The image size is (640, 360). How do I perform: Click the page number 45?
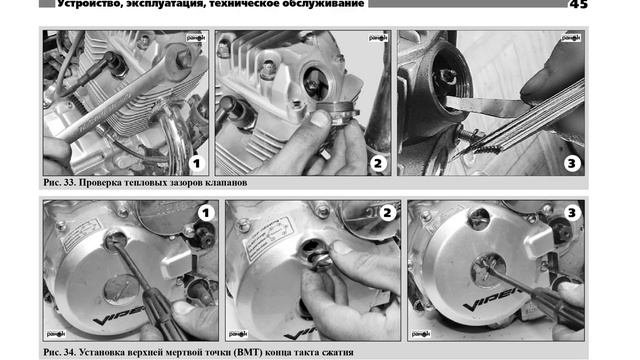(x=578, y=4)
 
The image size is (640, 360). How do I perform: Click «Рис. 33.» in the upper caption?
(x=59, y=182)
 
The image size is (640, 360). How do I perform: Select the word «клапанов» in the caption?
(x=227, y=182)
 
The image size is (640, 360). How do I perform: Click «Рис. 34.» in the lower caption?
(x=59, y=352)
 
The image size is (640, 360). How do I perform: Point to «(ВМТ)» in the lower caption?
(x=248, y=352)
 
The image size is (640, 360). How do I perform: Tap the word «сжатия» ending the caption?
(x=338, y=352)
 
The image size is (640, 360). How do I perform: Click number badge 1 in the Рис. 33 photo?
(x=197, y=164)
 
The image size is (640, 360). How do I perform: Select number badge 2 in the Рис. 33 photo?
(x=378, y=164)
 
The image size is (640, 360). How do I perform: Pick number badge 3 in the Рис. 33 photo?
(x=572, y=164)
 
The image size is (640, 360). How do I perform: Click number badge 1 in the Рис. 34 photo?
(x=206, y=213)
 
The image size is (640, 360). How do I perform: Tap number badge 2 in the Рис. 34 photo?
(x=387, y=213)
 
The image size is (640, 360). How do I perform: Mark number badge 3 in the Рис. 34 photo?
(x=572, y=213)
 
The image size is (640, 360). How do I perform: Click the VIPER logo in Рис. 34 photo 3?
(x=493, y=299)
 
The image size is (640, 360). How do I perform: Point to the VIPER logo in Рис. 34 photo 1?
(x=119, y=315)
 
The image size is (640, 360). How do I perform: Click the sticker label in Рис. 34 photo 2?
(x=268, y=236)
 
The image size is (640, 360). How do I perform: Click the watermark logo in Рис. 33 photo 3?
(x=571, y=38)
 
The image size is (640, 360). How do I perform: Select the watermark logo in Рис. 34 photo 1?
(x=56, y=333)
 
